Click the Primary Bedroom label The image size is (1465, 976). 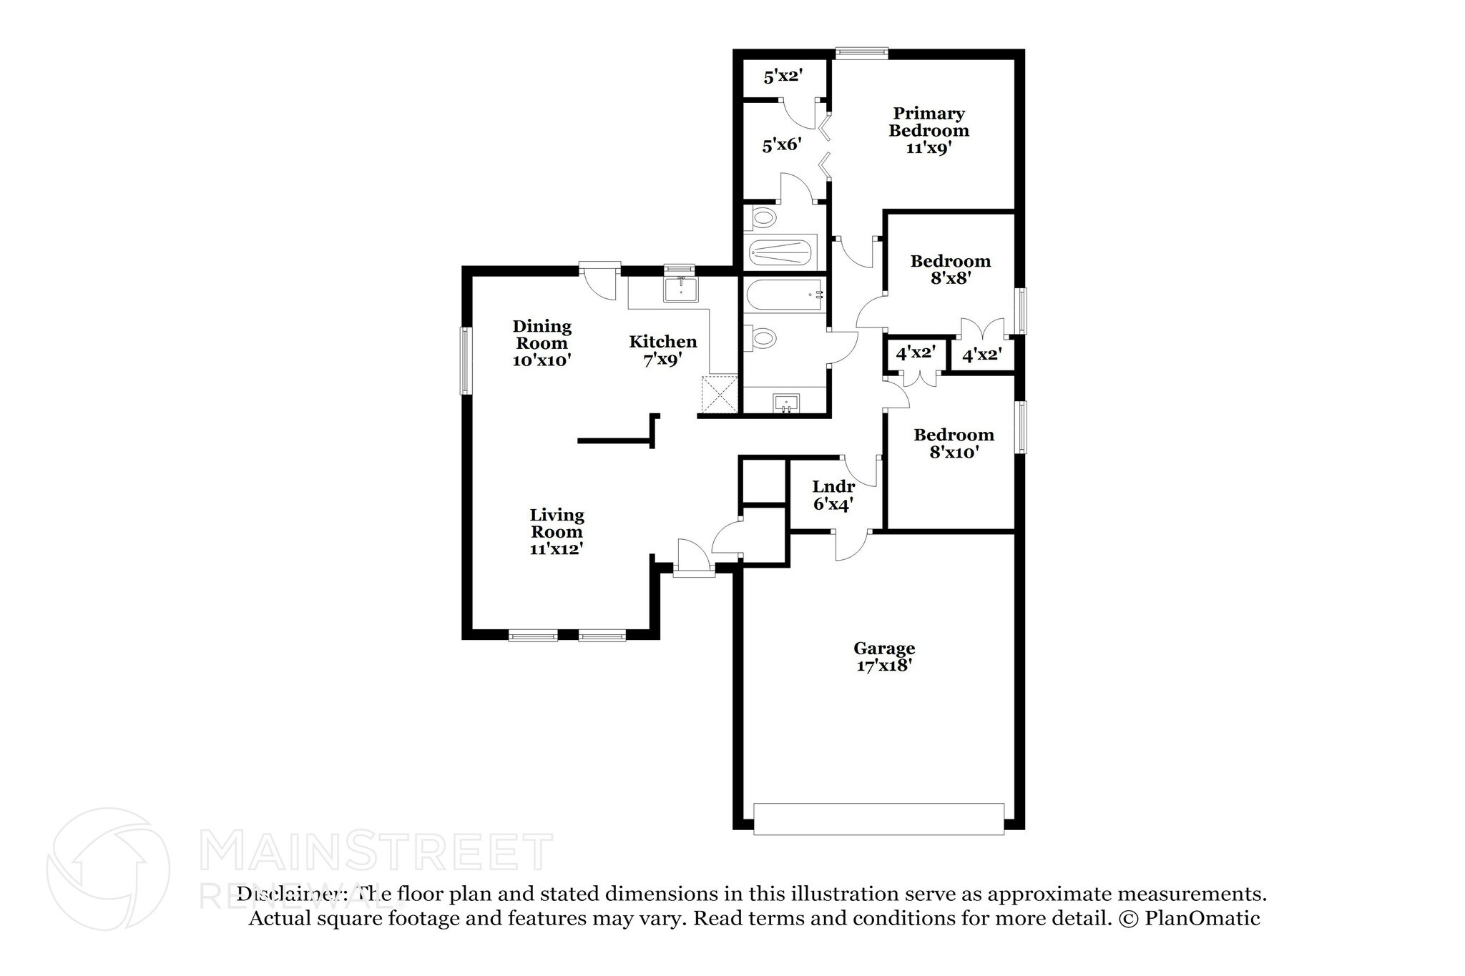(x=929, y=122)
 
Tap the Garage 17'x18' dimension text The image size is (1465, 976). (x=884, y=666)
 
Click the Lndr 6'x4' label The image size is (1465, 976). (x=833, y=495)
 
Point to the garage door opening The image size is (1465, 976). (x=878, y=819)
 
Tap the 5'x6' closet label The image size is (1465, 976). (x=780, y=145)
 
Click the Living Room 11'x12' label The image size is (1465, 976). (x=557, y=532)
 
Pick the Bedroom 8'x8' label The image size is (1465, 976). (x=950, y=270)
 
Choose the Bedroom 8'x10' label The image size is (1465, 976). (x=954, y=443)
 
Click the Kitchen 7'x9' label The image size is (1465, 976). (x=662, y=350)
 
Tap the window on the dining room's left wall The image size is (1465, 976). (x=466, y=360)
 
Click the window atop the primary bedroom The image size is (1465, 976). (x=862, y=52)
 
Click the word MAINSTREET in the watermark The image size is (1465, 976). (x=376, y=851)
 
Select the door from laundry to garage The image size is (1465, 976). (x=851, y=545)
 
